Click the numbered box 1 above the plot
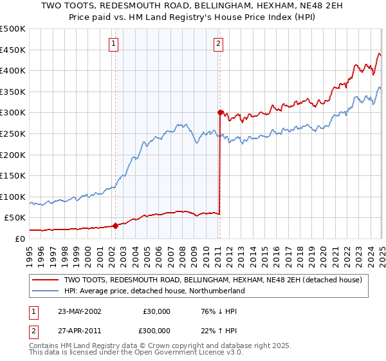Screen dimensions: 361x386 click(x=113, y=44)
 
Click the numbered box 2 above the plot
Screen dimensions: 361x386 click(x=218, y=44)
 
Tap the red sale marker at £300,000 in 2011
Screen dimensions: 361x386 click(x=220, y=112)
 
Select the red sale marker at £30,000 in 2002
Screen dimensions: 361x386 click(x=116, y=226)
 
